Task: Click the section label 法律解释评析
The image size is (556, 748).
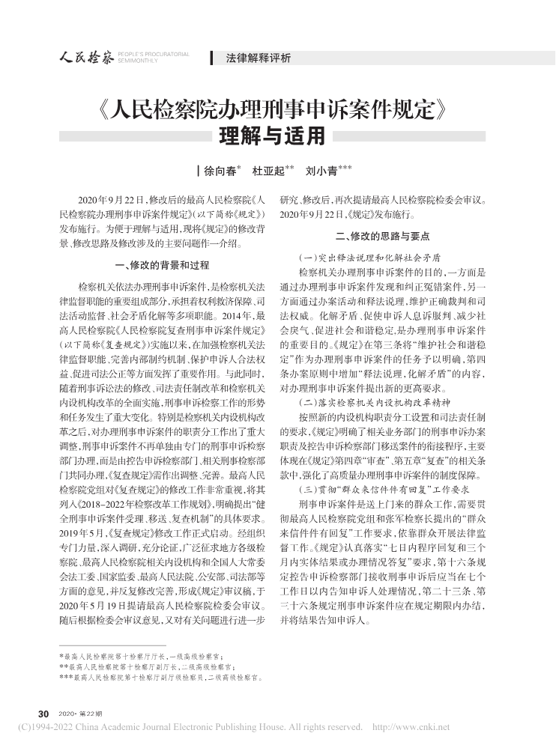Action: (x=258, y=58)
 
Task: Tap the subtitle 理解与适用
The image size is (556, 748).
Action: (x=277, y=137)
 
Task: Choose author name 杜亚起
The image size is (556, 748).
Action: (x=268, y=171)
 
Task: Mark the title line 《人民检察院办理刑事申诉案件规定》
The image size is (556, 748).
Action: (x=277, y=111)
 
